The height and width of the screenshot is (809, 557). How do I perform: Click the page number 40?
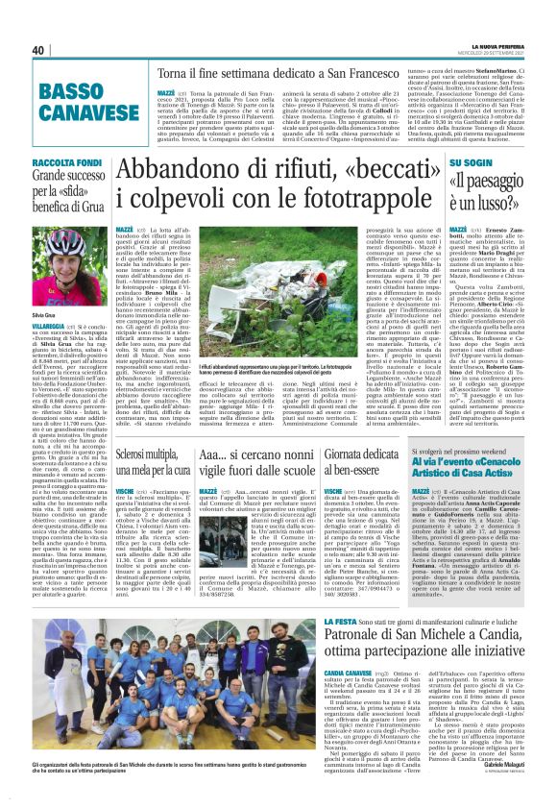click(38, 50)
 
